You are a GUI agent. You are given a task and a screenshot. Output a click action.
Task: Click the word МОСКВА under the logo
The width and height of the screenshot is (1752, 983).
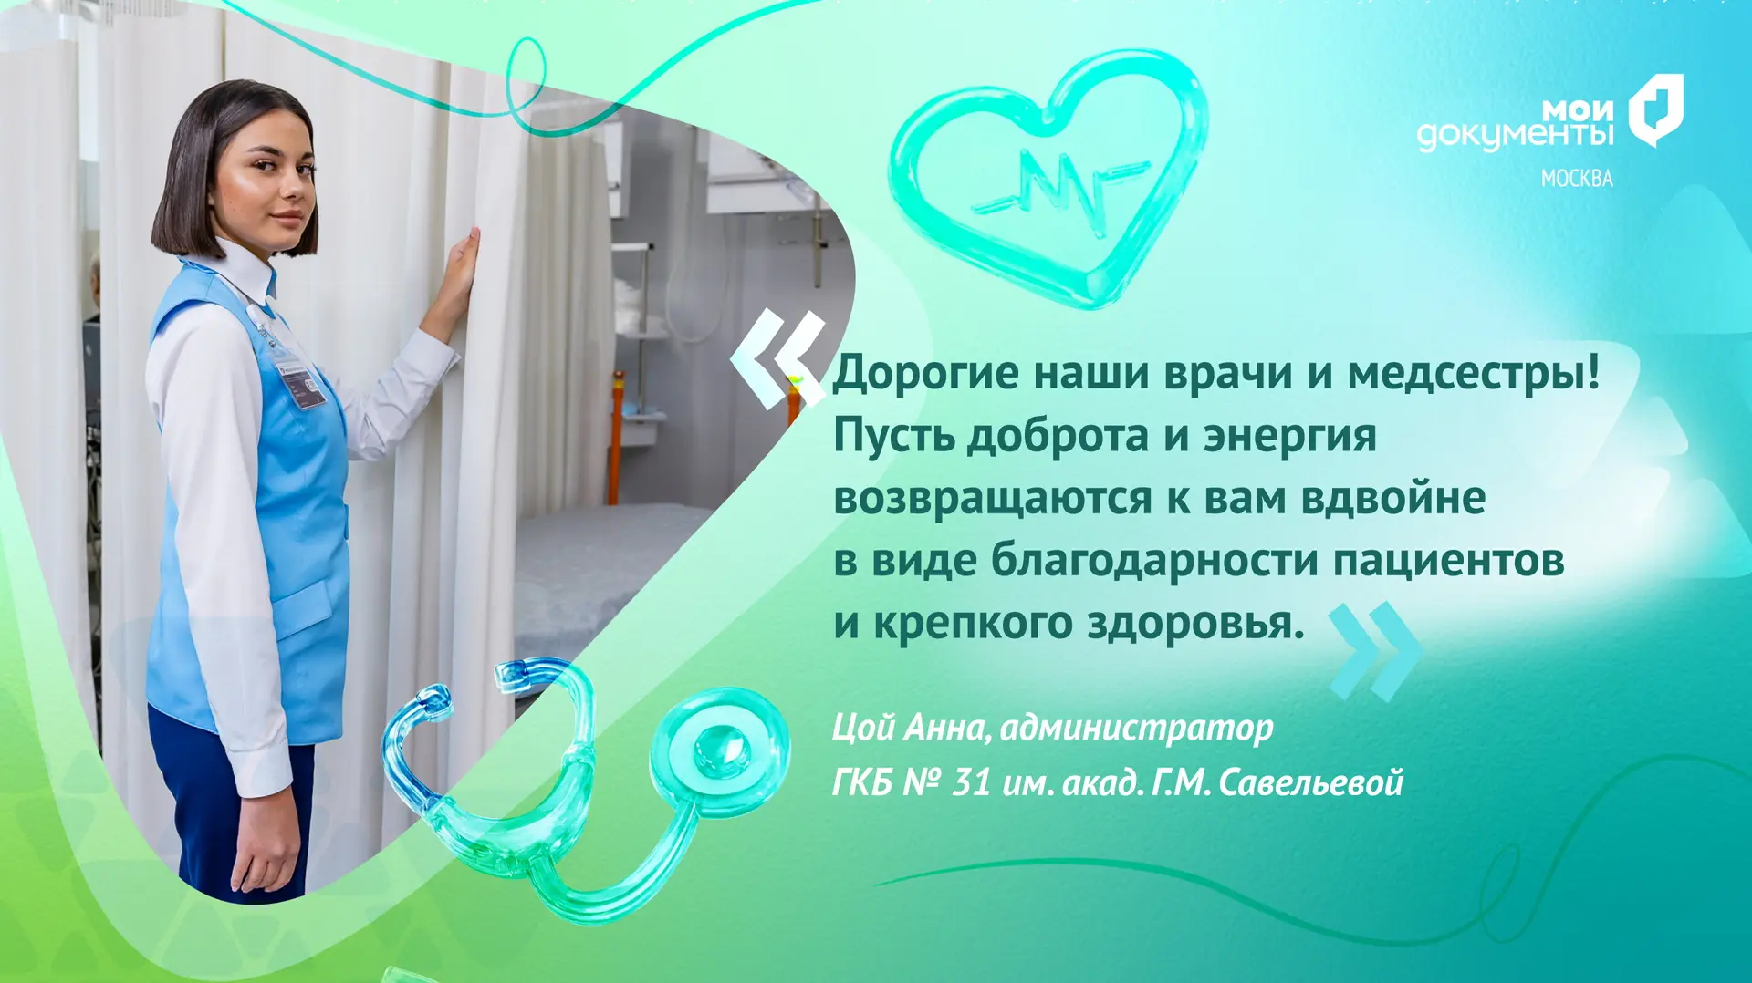tap(1577, 179)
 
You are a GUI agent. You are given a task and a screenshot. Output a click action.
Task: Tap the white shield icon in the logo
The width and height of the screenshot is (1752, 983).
tap(1656, 110)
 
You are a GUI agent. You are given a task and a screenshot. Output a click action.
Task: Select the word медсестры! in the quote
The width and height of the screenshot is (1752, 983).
tap(1474, 374)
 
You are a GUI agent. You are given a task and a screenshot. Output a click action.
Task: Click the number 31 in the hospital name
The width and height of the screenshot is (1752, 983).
tap(971, 783)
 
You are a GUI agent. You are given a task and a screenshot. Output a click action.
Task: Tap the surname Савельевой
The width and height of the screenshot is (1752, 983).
tap(1310, 783)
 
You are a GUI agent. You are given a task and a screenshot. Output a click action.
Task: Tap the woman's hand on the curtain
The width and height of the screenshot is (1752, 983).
tap(455, 278)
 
